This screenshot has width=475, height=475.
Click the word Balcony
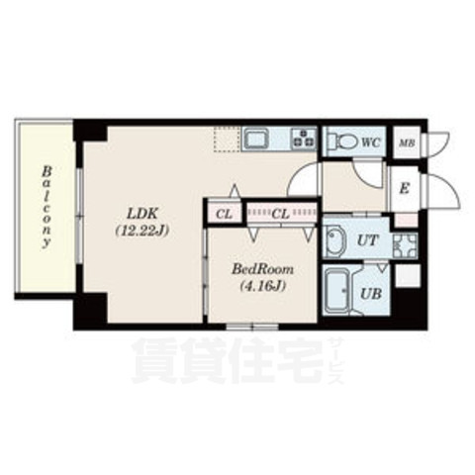point(46,210)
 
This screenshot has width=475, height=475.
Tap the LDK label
point(140,211)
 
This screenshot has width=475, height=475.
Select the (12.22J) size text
point(140,231)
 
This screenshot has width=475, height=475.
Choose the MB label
point(406,142)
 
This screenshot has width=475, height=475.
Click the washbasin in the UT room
point(334,241)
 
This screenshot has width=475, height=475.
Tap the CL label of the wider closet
point(281,211)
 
